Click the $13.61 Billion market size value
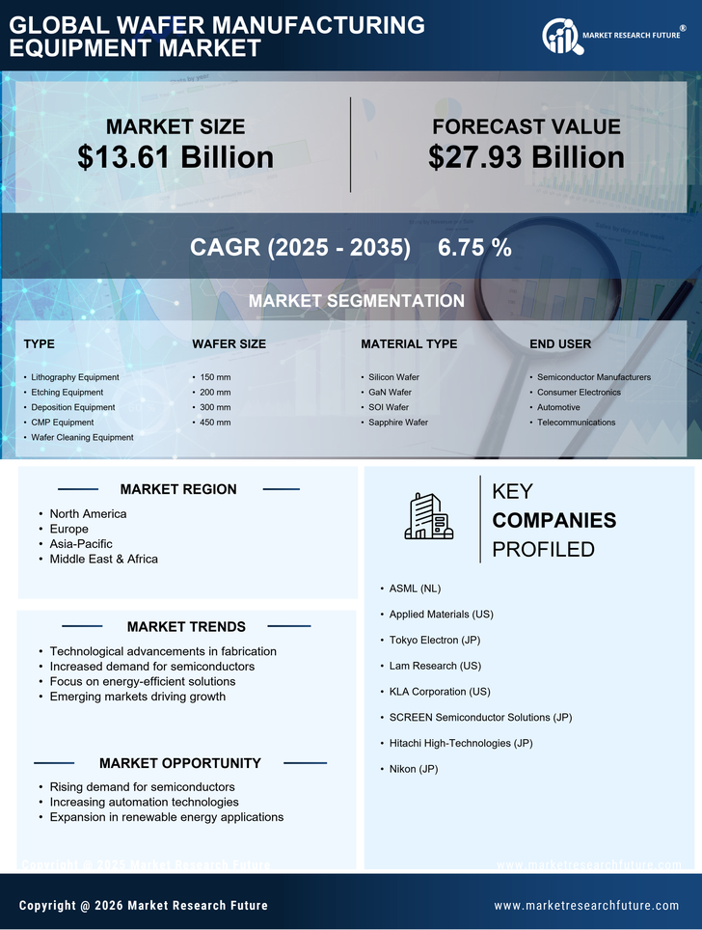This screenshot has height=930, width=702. tap(175, 157)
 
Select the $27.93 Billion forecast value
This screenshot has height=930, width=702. tap(526, 157)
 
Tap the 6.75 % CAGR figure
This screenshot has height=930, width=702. tap(474, 247)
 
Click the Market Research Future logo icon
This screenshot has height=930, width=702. tap(560, 37)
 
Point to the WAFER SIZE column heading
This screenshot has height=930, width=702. tap(229, 343)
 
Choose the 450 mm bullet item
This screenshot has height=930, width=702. tap(215, 423)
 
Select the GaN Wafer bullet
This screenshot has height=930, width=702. tap(390, 393)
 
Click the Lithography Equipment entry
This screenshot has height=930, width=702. tap(75, 377)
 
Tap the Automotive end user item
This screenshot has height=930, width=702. tap(558, 407)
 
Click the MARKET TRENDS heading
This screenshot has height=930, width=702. tap(186, 626)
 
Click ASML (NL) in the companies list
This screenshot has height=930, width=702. tap(415, 588)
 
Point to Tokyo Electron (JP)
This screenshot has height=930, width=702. tap(434, 640)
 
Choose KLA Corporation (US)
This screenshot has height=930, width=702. tap(440, 692)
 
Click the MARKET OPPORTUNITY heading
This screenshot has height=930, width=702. tap(179, 763)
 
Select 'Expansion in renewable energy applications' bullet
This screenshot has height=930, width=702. tap(167, 817)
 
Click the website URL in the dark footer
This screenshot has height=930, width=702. tap(586, 906)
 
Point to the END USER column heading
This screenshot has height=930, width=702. tap(560, 343)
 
